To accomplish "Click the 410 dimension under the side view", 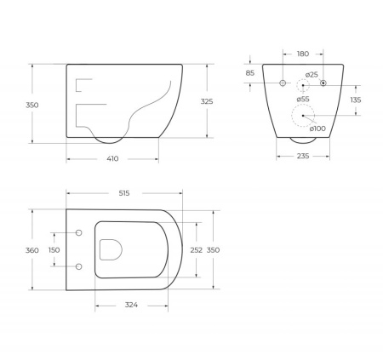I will (112, 157).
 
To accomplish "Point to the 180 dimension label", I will (303, 54).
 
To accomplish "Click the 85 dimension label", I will (249, 73).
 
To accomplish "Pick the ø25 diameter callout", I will (312, 75).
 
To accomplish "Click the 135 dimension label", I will (356, 100).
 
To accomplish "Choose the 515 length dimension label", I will (124, 194).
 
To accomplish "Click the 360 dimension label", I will (32, 250).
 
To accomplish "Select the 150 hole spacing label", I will (54, 250).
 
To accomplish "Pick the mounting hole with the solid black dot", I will (323, 83).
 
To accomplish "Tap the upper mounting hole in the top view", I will (78, 232).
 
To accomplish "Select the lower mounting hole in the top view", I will (78, 266).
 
